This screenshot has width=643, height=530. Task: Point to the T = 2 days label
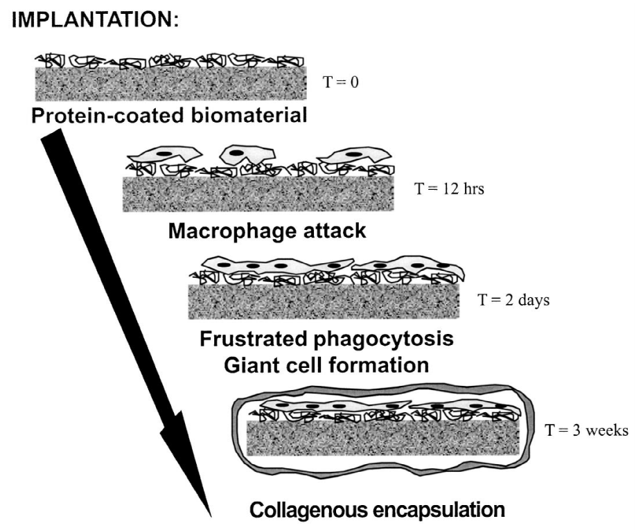[x=513, y=302]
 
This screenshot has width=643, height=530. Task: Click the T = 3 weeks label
[x=586, y=430]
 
